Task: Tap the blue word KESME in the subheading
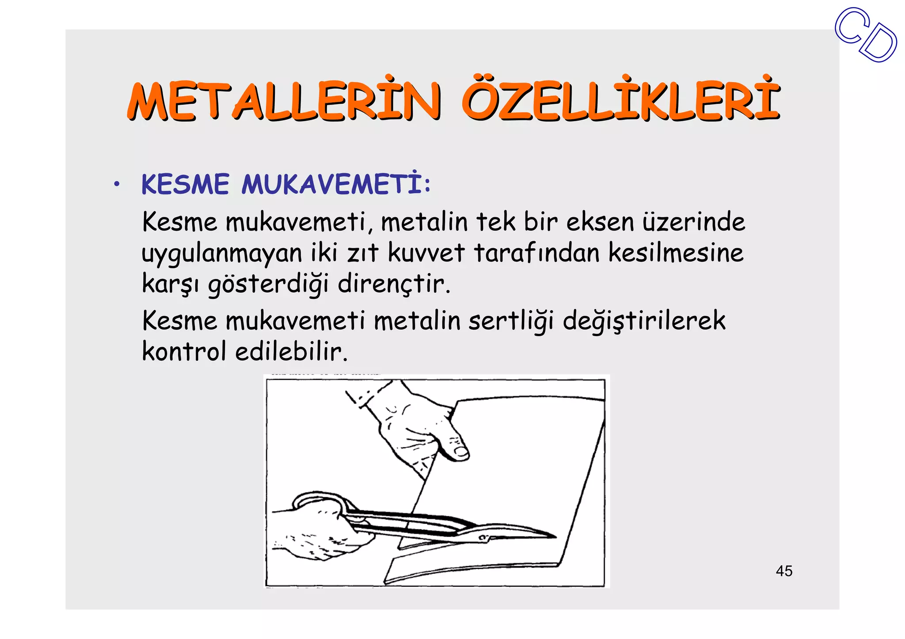[x=186, y=184]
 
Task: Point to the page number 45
[x=784, y=571]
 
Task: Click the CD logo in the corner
[x=866, y=35]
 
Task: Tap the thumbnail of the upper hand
[x=460, y=450]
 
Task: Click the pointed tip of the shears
[x=555, y=537]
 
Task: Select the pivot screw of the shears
[x=483, y=537]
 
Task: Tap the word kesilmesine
[x=676, y=253]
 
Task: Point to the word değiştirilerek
[x=644, y=321]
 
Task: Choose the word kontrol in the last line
[x=184, y=352]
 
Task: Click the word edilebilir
[x=292, y=352]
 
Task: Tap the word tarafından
[x=537, y=253]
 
